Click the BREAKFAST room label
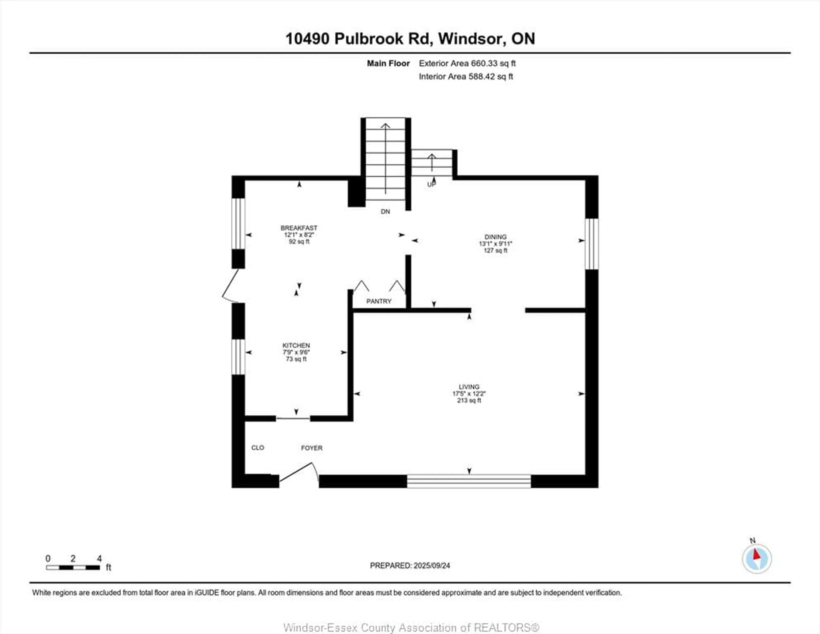point(299,228)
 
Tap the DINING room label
point(495,237)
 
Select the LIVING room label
point(469,387)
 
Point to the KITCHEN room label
point(296,345)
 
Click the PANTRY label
point(379,301)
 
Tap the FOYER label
point(312,448)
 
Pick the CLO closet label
point(258,447)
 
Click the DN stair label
point(385,211)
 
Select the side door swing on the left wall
point(230,286)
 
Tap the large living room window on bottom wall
point(469,481)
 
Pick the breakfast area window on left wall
point(238,224)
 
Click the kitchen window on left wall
point(238,357)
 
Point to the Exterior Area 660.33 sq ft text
point(467,63)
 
